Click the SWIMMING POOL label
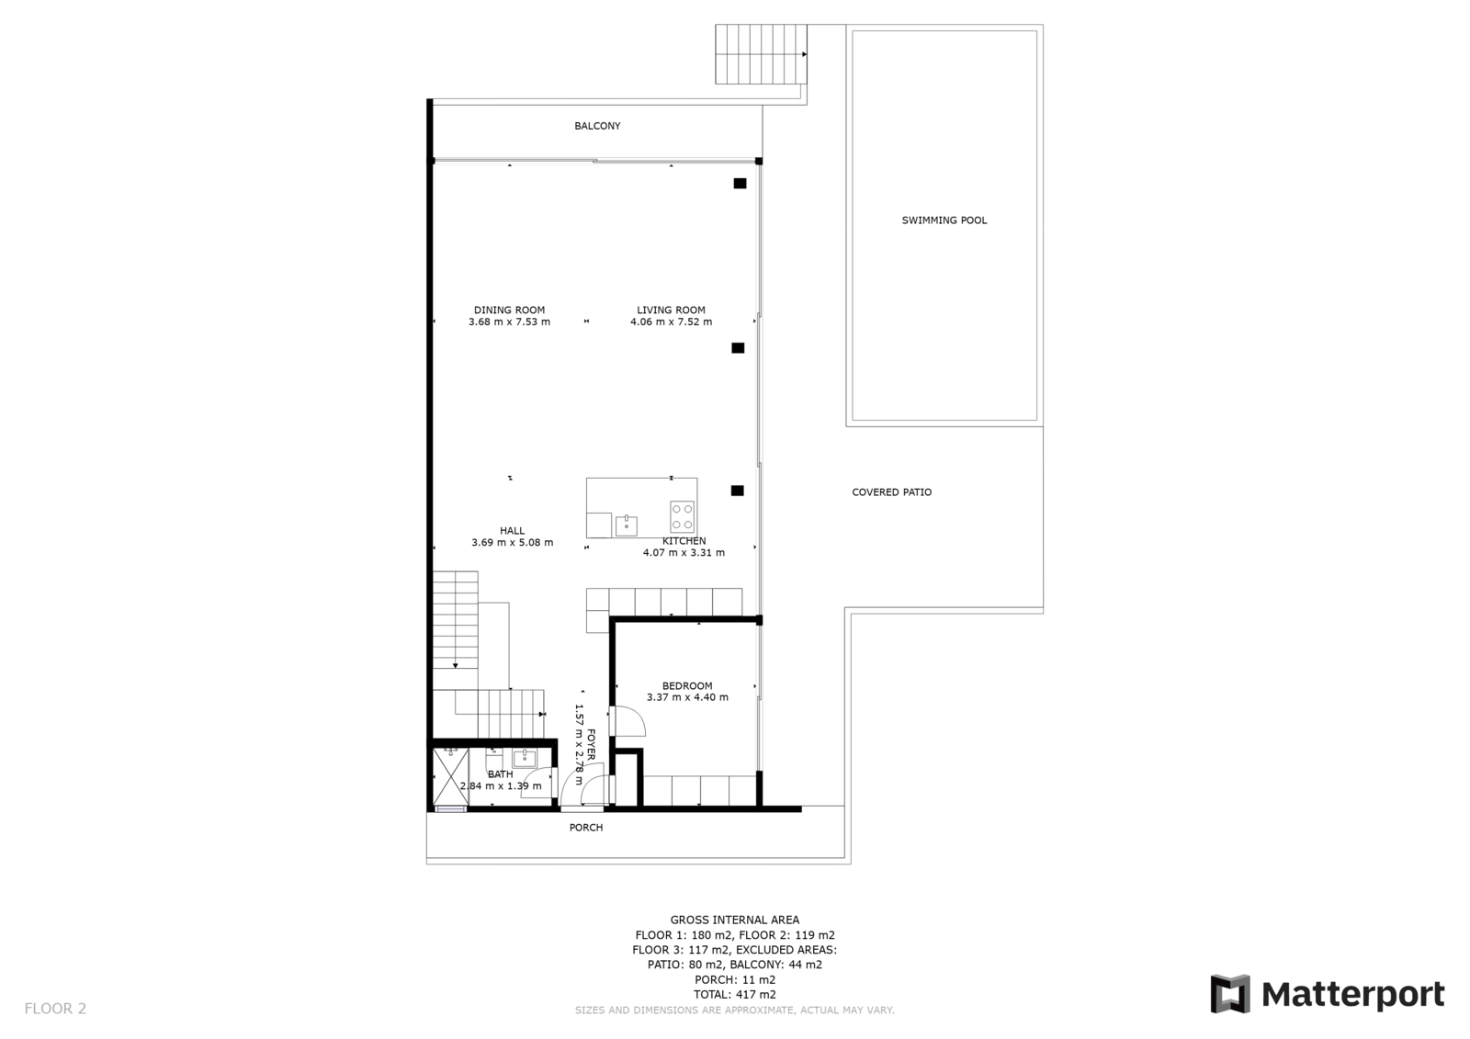coord(944,220)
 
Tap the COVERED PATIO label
coord(891,492)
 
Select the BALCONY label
coord(597,126)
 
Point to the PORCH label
coord(585,828)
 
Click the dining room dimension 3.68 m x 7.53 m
coord(509,322)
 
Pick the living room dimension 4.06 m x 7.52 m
coord(671,322)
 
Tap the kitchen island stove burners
coord(683,516)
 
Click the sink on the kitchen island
coord(626,525)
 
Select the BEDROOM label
coord(687,686)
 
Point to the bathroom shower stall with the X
coord(451,776)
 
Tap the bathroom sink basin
coord(524,759)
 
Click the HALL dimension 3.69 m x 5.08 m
coord(512,543)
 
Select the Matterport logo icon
coord(1230,994)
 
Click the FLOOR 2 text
coord(55,1008)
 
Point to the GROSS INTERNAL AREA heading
coord(734,920)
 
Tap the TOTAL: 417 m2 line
coord(734,994)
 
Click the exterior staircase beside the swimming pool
coord(762,54)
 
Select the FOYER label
coord(591,745)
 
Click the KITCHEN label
coord(684,541)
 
